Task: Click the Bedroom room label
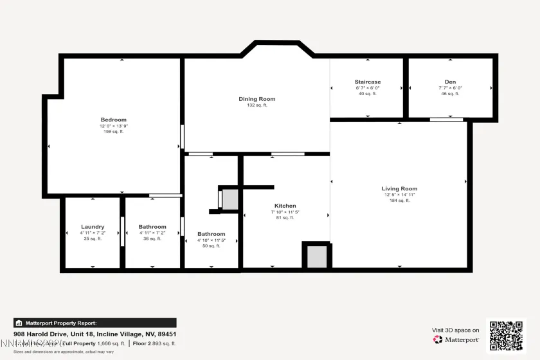[x=113, y=120]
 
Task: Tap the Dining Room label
[x=257, y=99]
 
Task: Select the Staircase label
[x=368, y=82]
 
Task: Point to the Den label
[x=450, y=82]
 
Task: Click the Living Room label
[x=400, y=188]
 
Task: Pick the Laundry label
[x=93, y=227]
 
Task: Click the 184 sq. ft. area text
[x=400, y=201]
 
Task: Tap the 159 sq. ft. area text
[x=113, y=132]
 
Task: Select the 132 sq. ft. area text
[x=257, y=105]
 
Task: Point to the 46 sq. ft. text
[x=450, y=94]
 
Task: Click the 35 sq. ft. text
[x=93, y=239]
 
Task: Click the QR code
[x=506, y=336]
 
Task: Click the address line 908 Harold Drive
[x=95, y=334]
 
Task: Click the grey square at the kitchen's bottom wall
[x=316, y=256]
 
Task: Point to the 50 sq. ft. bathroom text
[x=212, y=246]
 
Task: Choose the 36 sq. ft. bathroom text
[x=152, y=239]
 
